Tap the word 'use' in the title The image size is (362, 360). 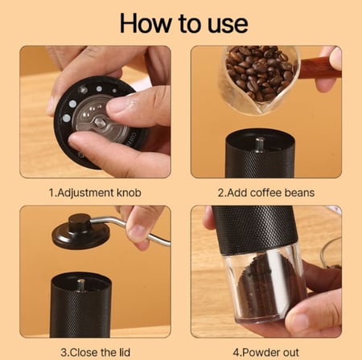pos(220,22)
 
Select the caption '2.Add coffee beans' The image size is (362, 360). pos(266,193)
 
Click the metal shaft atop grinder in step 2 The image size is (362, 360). pos(260,145)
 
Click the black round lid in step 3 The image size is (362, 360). pos(80,234)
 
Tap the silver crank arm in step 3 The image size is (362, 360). pos(137,229)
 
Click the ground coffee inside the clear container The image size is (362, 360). pos(256,289)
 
